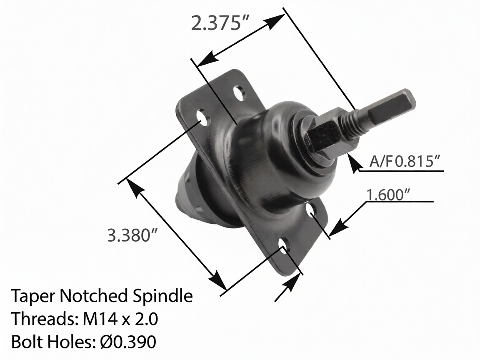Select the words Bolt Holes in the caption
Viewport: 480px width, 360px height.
coord(52,342)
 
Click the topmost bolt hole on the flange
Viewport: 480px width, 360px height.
coord(239,92)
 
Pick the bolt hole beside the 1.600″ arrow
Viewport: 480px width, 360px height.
coord(313,210)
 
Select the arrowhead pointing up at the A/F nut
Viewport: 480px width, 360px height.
coord(354,165)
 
